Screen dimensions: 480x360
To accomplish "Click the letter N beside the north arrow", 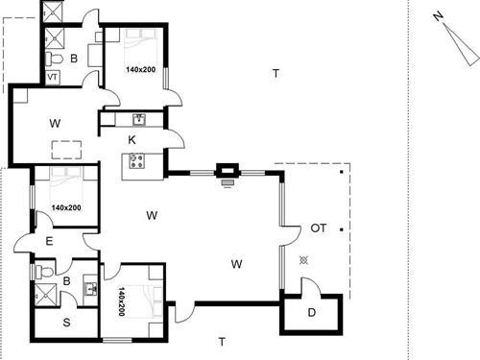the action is point(438,16).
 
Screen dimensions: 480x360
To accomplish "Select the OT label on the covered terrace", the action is point(319,228).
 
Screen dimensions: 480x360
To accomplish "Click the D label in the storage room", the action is point(312,313).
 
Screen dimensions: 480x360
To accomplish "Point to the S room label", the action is point(66,323).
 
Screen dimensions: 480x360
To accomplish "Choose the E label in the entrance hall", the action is point(49,241).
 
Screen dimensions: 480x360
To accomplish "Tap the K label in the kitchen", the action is point(132,140).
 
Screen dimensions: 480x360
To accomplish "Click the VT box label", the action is point(53,77).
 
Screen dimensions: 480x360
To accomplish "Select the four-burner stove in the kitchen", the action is point(137,160).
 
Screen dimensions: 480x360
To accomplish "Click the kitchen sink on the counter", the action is point(139,119).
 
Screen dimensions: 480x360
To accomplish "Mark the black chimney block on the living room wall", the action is point(227,171).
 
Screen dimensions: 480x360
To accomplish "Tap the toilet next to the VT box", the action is point(54,59).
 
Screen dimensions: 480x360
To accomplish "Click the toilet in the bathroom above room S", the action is point(44,272).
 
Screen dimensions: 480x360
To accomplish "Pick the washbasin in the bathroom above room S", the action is point(90,290).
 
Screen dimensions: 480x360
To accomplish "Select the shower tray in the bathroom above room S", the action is point(45,295).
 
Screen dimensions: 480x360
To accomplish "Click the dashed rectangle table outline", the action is point(66,150).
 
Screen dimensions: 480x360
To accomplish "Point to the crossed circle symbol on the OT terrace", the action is point(303,260).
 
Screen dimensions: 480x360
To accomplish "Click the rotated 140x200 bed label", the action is point(122,301).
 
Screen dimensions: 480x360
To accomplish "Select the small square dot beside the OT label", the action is point(342,229).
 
